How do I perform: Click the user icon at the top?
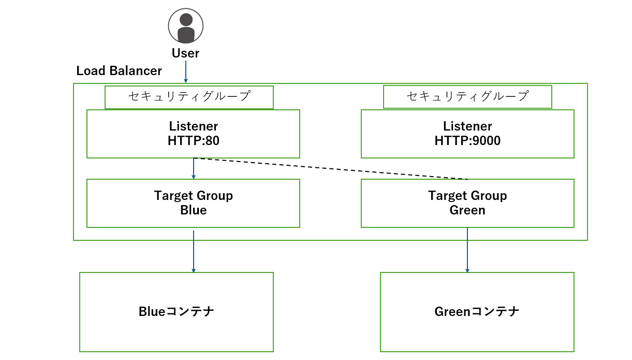(x=186, y=25)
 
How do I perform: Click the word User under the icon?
(x=185, y=53)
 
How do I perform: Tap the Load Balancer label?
(x=119, y=71)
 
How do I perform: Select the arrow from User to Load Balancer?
(x=186, y=73)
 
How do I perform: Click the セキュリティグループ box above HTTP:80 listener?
(x=189, y=97)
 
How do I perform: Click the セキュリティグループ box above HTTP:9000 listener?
(x=467, y=97)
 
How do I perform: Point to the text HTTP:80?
(x=193, y=140)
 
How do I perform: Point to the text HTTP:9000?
(x=467, y=140)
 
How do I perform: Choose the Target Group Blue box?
(x=193, y=203)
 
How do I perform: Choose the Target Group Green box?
(x=467, y=203)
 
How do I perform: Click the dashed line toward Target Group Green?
(x=331, y=168)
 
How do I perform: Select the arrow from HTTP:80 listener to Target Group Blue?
(x=194, y=169)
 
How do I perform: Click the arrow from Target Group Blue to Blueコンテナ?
(x=194, y=251)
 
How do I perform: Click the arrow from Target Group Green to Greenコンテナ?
(x=467, y=251)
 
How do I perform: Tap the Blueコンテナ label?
(x=177, y=311)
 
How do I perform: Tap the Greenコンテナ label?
(x=477, y=311)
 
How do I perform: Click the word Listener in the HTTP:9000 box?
(x=467, y=126)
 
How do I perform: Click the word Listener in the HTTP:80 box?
(x=193, y=126)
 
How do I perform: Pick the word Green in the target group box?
(x=467, y=210)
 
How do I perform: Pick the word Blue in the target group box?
(x=193, y=210)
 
